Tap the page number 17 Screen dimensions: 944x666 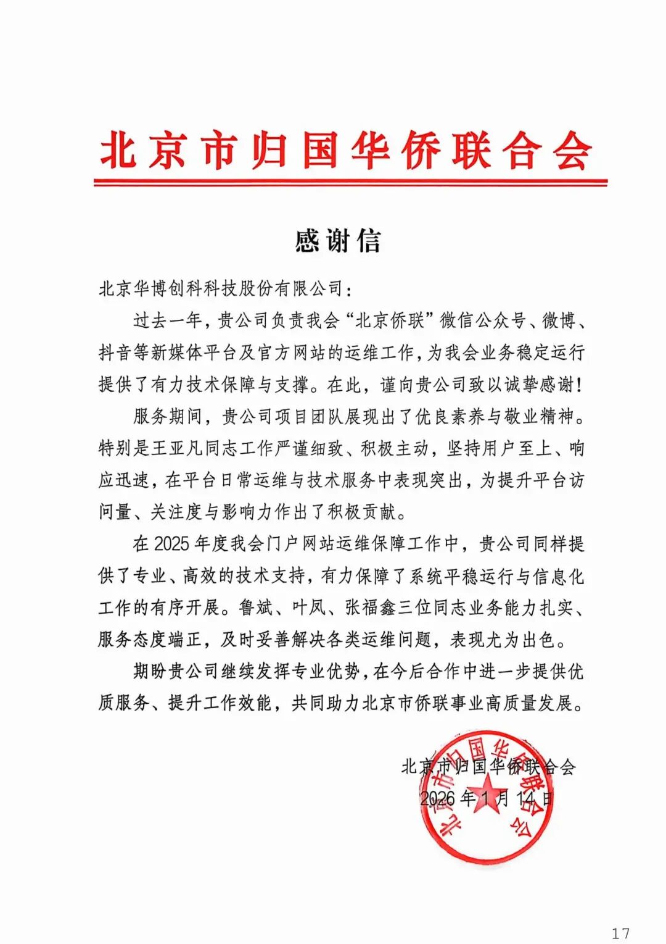[x=620, y=933]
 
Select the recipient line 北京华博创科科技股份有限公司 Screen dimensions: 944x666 [x=220, y=288]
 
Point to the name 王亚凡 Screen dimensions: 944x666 [x=168, y=448]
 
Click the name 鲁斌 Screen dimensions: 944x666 [x=255, y=608]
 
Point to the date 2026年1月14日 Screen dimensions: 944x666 [x=487, y=798]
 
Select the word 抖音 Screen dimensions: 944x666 [x=115, y=353]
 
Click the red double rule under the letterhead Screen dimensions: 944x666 [x=350, y=183]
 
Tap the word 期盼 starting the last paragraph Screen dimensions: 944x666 [x=149, y=671]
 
